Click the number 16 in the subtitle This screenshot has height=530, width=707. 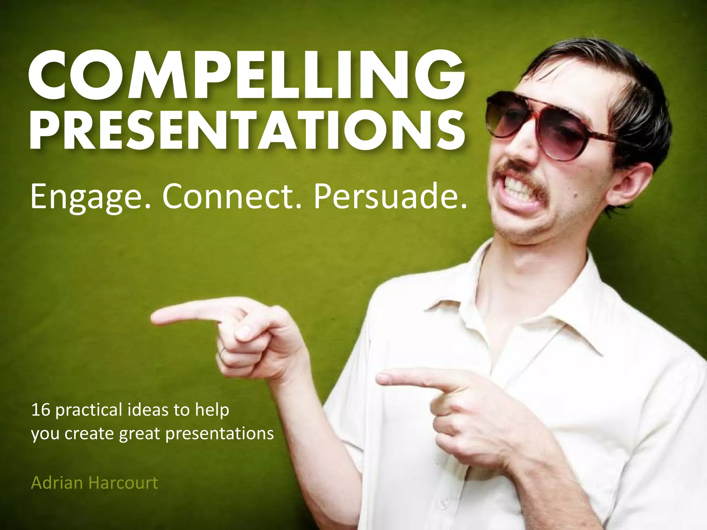[41, 410]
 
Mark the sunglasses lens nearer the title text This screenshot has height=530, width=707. [506, 114]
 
